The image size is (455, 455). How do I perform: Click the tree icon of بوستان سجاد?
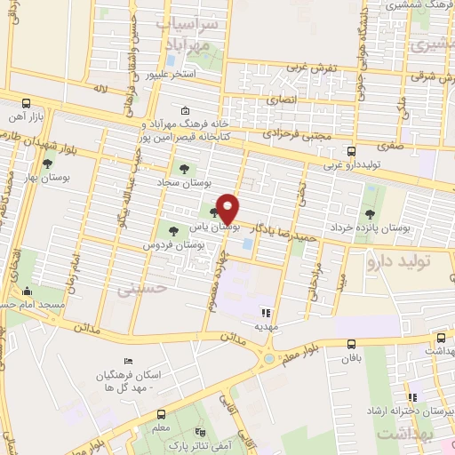point(184,169)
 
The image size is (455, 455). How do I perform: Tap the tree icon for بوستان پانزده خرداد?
point(369,213)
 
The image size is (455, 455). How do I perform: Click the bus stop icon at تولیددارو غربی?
point(352,151)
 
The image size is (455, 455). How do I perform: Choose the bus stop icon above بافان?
point(352,344)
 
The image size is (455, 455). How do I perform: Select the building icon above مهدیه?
point(264,313)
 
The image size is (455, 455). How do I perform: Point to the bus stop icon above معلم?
point(160,415)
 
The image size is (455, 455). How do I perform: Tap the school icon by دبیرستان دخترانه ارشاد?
point(412,396)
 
